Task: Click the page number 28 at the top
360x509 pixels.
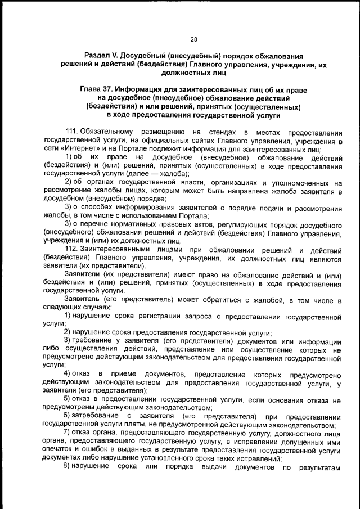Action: pos(193,39)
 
